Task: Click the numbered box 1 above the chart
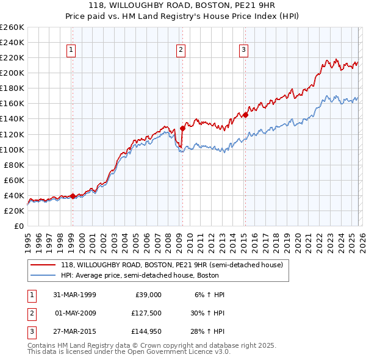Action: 72,50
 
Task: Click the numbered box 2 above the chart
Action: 181,50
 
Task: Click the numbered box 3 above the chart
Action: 244,50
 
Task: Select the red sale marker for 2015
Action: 245,115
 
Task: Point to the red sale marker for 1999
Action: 73,196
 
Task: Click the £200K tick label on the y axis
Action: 12,73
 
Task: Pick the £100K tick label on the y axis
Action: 12,149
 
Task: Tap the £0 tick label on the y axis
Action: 18,226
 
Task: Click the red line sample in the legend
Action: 43,265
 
